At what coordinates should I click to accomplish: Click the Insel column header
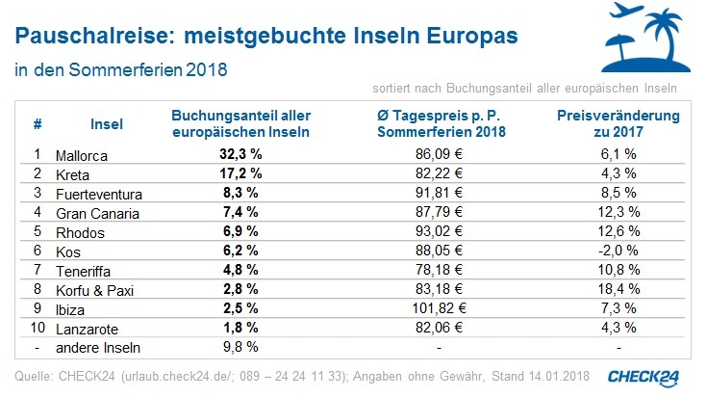click(x=106, y=124)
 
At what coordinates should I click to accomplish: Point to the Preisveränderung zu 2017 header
click(x=619, y=123)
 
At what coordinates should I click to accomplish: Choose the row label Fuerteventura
click(x=101, y=193)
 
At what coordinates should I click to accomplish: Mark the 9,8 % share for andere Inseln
click(x=240, y=348)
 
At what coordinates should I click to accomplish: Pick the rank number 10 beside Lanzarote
click(x=37, y=329)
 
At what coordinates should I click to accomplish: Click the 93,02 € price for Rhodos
click(x=442, y=232)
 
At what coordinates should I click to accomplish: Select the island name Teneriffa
click(x=88, y=271)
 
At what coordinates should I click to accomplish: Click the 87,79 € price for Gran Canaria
click(x=442, y=213)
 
